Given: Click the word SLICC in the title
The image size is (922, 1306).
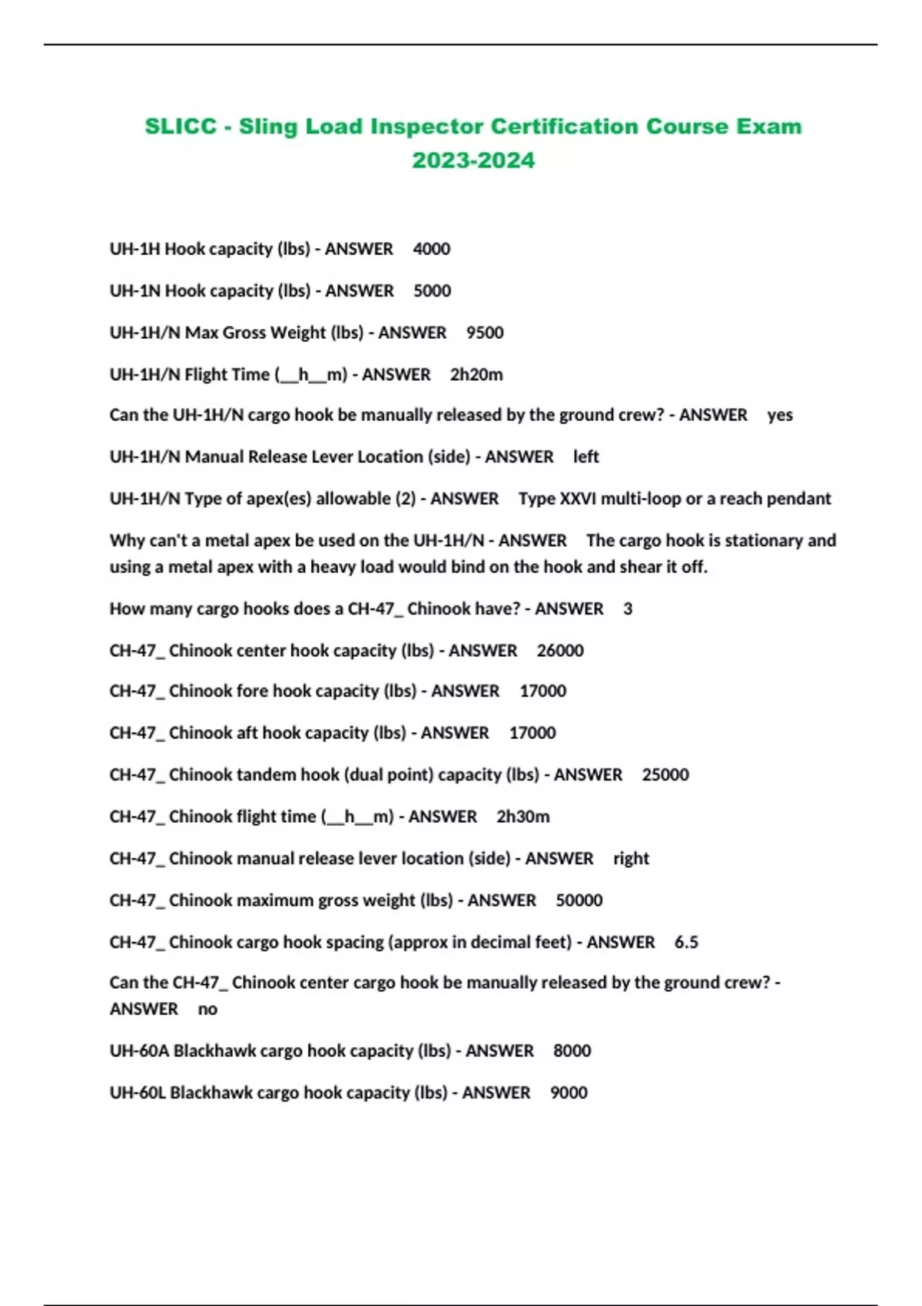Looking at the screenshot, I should [181, 126].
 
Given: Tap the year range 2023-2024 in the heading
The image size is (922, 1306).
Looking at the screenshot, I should [473, 161].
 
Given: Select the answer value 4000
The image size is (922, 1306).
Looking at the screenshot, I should [431, 249].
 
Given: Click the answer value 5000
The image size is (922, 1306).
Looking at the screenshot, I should [432, 291].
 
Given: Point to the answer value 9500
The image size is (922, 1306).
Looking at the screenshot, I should [485, 333].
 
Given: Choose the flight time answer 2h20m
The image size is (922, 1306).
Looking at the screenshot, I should [476, 375].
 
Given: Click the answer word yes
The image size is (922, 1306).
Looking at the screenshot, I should [780, 415].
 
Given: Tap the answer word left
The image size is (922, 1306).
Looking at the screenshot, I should [585, 457].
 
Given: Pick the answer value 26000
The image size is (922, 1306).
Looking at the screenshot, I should [560, 651].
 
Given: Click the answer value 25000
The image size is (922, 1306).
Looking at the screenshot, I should [665, 774].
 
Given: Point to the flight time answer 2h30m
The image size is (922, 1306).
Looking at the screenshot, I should [522, 817].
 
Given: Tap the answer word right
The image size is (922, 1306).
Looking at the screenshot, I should [631, 858].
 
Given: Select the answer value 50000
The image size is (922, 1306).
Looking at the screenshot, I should [579, 900].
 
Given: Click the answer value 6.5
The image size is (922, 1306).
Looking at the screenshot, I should [686, 943].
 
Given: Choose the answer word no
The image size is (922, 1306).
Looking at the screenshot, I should [207, 1009].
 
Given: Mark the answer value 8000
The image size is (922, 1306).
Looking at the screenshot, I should [572, 1051].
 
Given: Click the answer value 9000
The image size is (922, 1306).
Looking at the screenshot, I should [569, 1093].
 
